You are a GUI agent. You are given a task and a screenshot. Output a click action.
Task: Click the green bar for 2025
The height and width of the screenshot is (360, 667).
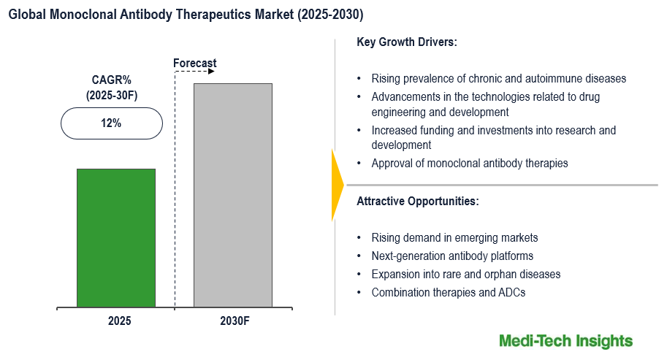tap(116, 237)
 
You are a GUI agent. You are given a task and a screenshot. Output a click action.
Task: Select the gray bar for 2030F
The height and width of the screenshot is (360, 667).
tap(232, 195)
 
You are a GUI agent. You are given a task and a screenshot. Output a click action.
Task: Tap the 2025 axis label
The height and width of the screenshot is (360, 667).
tap(119, 321)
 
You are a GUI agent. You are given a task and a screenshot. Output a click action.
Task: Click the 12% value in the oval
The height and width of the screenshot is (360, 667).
tap(111, 123)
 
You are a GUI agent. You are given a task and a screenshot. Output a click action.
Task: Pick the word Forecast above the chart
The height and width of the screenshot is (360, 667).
tap(195, 64)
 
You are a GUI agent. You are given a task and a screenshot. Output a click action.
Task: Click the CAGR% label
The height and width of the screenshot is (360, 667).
tap(111, 80)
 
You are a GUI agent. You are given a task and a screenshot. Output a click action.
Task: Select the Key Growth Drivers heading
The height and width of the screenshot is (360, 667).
tap(406, 42)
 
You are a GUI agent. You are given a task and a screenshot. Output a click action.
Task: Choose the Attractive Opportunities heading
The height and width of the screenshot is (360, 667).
tap(418, 201)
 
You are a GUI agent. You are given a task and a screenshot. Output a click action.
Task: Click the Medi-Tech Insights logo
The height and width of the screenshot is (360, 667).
tap(565, 341)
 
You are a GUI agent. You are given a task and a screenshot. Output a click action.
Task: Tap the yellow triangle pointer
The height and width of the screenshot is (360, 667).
tap(337, 185)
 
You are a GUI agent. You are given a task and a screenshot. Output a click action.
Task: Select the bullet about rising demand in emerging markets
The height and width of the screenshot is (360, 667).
tap(454, 237)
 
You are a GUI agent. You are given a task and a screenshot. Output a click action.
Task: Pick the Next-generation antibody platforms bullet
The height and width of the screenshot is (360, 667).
tap(452, 256)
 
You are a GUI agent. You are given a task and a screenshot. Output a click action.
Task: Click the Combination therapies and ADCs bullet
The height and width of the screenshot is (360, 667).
tap(449, 292)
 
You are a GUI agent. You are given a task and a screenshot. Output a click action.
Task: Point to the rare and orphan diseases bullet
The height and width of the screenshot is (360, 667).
tap(466, 274)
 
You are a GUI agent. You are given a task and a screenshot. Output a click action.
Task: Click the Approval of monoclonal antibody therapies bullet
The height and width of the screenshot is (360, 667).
tap(469, 163)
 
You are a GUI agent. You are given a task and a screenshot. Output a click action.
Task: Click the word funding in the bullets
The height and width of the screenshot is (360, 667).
tap(441, 131)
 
